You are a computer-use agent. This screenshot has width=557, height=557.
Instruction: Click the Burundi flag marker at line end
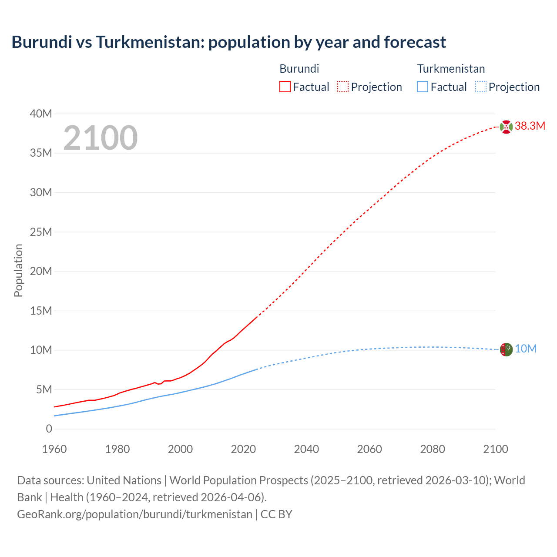(506, 127)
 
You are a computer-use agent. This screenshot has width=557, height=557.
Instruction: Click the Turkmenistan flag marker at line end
(506, 349)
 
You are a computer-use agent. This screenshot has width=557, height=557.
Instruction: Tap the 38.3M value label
(530, 126)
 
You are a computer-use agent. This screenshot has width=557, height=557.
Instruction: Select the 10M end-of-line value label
(526, 349)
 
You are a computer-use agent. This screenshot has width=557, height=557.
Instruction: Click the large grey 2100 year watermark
(101, 138)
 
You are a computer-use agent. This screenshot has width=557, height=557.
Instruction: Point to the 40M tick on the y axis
(41, 114)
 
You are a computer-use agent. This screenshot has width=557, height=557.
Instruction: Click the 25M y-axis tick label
(41, 232)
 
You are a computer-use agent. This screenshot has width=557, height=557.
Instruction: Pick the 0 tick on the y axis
(49, 429)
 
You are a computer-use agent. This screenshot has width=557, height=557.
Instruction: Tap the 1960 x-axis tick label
(54, 449)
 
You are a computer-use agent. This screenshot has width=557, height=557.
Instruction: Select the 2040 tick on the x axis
(306, 449)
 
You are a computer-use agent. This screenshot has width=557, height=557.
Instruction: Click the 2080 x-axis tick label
(433, 449)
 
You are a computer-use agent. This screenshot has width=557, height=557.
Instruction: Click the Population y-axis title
(18, 270)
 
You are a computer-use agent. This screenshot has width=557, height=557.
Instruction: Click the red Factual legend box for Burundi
(285, 87)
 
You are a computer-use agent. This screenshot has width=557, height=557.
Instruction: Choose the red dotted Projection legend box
(343, 87)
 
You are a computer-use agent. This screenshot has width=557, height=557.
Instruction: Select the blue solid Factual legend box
(423, 87)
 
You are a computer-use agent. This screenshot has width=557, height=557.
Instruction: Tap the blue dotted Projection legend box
(480, 87)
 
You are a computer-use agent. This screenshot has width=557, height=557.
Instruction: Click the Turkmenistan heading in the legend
(451, 69)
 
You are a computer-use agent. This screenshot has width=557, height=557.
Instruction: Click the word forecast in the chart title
(415, 42)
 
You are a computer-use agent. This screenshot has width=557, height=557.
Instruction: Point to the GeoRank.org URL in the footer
(134, 514)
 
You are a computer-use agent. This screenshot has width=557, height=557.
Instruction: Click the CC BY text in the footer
(276, 514)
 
